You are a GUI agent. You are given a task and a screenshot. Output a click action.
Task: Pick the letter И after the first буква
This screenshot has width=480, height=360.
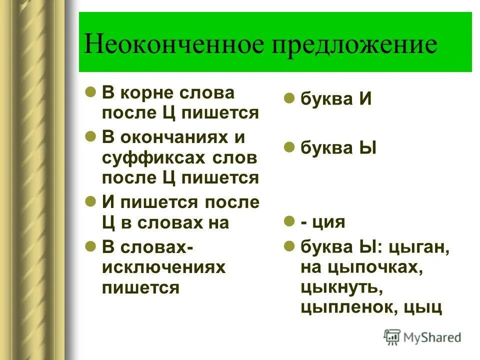coord(364,98)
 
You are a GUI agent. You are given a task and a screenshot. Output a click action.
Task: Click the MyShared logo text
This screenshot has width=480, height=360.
coord(433,337)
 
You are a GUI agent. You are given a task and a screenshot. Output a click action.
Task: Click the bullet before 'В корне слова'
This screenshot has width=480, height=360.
coord(90,92)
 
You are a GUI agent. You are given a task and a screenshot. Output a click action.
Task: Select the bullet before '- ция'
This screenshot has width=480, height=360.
coord(288,220)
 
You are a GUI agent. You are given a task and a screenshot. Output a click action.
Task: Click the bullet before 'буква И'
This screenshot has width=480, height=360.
coord(288,98)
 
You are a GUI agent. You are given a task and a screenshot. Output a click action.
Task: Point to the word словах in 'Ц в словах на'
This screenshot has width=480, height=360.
coord(159,223)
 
